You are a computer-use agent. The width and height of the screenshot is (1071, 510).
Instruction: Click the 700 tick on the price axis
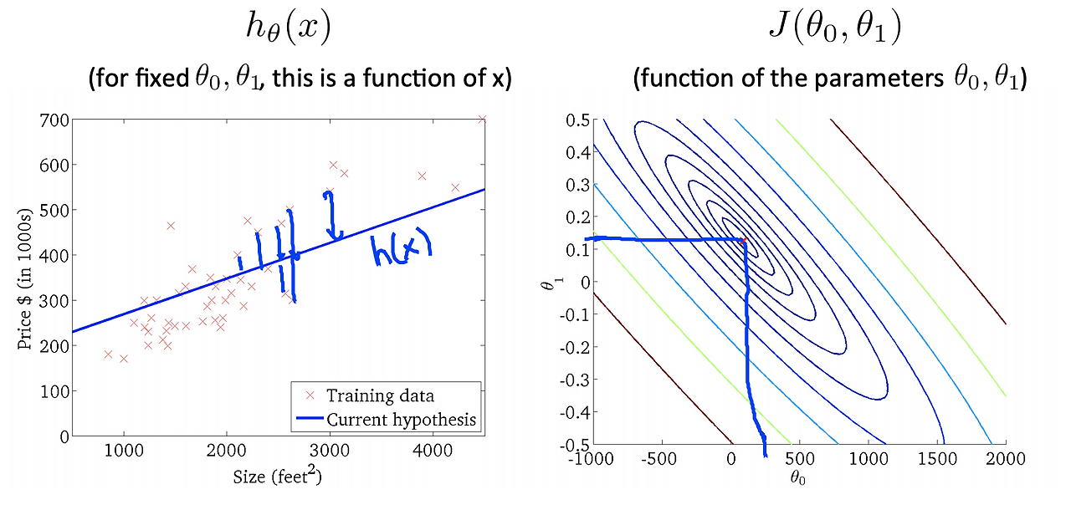[54, 120]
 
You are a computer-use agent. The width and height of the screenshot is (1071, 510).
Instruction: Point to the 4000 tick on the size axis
[433, 451]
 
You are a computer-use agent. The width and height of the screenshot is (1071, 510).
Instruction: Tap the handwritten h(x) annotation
[402, 249]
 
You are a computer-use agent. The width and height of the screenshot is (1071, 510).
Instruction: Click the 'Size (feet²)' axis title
[277, 476]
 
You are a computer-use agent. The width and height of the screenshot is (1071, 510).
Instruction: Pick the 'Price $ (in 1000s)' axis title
[24, 279]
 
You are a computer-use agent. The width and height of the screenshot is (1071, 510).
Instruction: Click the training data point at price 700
[482, 119]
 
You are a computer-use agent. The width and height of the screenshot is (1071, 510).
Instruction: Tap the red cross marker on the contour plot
[743, 240]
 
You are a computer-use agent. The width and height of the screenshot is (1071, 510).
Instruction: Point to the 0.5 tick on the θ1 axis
[577, 120]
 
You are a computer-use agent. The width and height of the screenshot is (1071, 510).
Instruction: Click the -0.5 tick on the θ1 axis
[574, 445]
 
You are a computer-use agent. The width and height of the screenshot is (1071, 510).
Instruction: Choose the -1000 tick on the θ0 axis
[591, 459]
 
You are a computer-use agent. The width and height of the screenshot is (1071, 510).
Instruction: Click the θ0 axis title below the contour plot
[797, 477]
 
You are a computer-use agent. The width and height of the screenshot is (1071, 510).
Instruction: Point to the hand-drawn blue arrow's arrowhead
[335, 234]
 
